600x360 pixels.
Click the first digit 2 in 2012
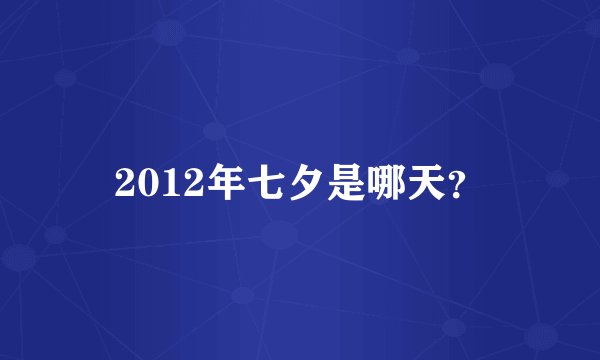click(x=126, y=181)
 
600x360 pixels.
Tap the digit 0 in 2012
click(x=146, y=181)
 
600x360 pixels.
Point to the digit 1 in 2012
click(x=165, y=181)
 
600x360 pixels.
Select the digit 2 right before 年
click(x=184, y=181)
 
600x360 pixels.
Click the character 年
click(x=212, y=181)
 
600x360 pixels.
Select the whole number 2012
click(x=155, y=181)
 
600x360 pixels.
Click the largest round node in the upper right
click(x=497, y=75)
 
